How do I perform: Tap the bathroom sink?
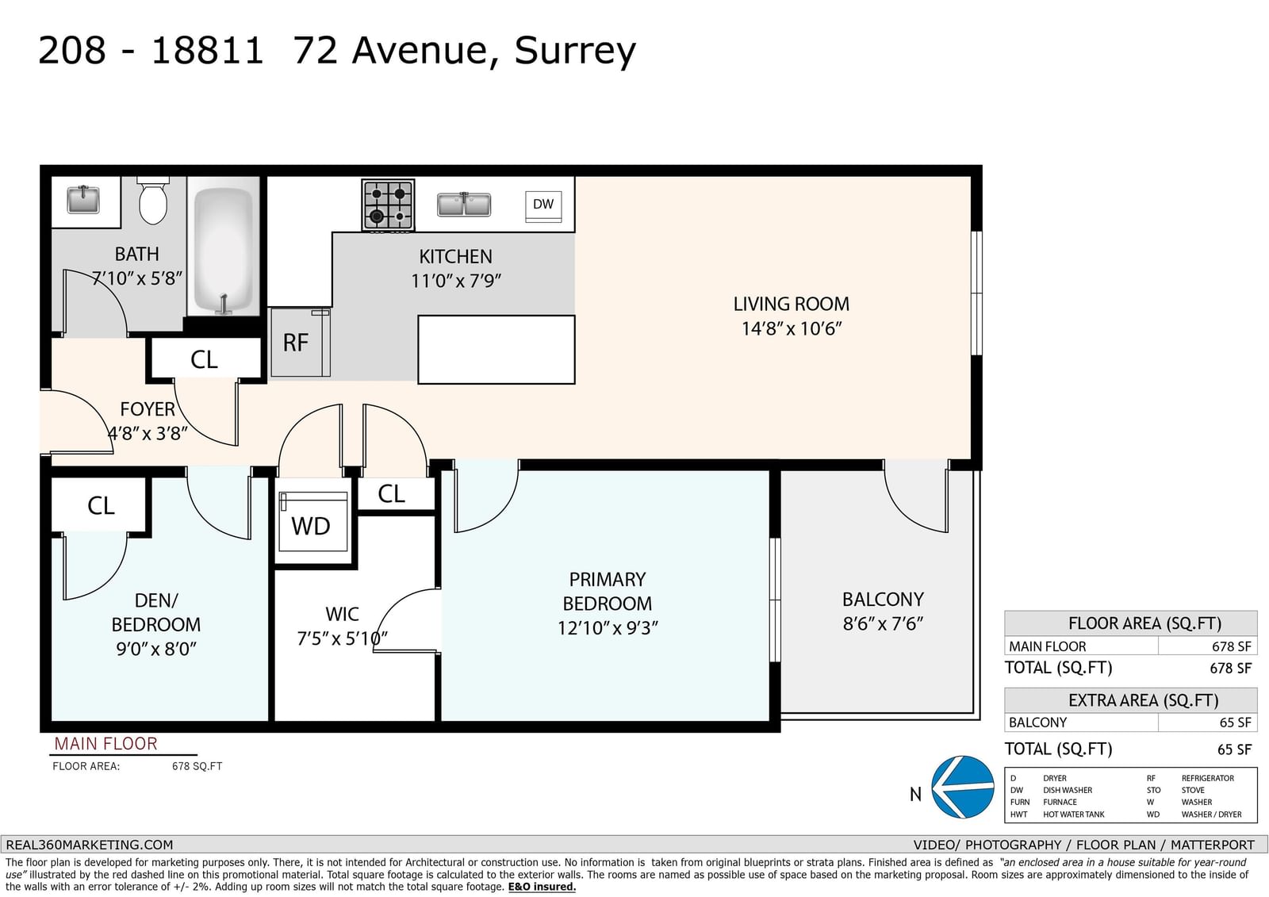[x=83, y=199]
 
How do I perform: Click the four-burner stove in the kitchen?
[x=388, y=205]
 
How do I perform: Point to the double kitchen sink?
[x=464, y=205]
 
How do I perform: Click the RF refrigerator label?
[x=296, y=343]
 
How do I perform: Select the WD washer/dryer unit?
[x=313, y=521]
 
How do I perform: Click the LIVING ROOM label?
[x=792, y=305]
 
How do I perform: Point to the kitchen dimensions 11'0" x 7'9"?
[x=456, y=281]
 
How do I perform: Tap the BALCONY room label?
[x=883, y=600]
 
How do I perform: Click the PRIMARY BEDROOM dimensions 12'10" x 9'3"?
[x=608, y=628]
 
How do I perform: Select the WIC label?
[x=342, y=614]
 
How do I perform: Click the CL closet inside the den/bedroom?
[x=101, y=505]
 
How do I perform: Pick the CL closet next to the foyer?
[x=205, y=359]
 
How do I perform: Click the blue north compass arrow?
[x=963, y=787]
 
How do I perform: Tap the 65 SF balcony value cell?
[x=1207, y=723]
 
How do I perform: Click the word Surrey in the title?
[x=575, y=51]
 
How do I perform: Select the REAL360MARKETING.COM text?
[x=90, y=845]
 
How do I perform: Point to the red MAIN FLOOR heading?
[x=106, y=743]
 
